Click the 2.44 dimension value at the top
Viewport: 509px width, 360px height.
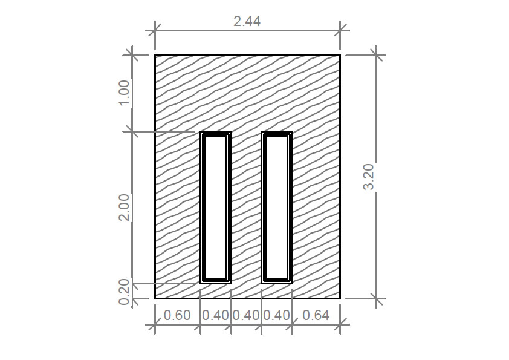247,21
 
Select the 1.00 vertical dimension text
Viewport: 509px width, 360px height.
125,93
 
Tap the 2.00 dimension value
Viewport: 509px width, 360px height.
125,208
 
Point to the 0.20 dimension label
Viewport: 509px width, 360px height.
125,292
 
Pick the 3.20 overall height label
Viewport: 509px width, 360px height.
369,177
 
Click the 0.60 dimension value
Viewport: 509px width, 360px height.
177,315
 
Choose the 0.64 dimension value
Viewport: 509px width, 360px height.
316,315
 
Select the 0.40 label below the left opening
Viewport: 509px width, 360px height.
216,315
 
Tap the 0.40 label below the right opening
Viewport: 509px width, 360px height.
277,315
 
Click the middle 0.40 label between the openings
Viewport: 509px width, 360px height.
246,315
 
